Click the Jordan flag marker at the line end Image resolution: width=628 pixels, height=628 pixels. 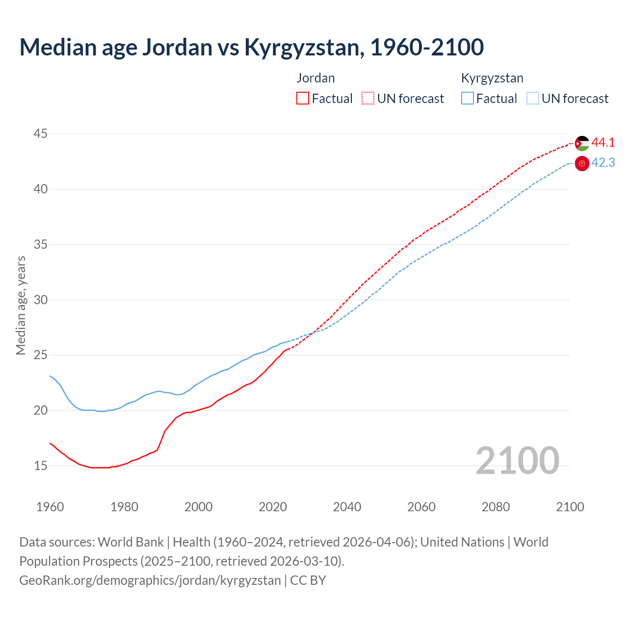[582, 143]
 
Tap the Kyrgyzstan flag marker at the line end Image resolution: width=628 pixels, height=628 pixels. [582, 163]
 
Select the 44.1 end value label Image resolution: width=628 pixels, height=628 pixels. [603, 143]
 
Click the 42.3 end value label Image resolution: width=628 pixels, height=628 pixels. [603, 163]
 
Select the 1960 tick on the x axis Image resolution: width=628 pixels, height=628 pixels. [50, 507]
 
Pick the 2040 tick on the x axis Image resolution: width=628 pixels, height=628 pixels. [347, 507]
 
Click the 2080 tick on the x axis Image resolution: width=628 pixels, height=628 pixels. [496, 507]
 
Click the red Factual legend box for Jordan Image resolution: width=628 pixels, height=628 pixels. [303, 98]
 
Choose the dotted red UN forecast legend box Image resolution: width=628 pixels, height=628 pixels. [368, 98]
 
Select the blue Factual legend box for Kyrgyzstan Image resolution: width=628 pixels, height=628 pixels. [468, 98]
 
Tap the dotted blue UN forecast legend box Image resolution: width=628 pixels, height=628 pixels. [532, 98]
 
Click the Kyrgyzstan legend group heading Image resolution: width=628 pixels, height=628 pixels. [492, 78]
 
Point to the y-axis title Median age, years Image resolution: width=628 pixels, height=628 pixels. [21, 305]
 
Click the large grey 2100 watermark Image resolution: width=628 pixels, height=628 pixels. [517, 460]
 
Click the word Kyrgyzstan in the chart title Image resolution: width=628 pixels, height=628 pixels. [304, 47]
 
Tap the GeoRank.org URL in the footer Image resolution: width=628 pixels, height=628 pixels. [150, 580]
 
